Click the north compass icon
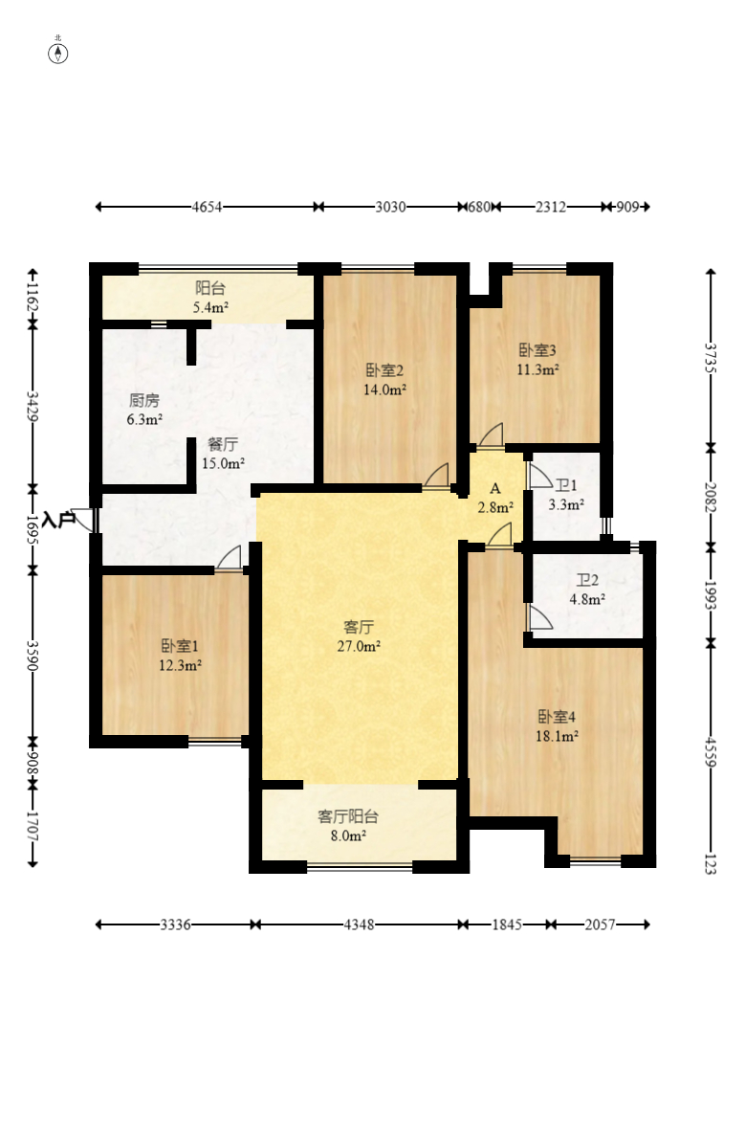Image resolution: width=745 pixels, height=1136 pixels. [58, 53]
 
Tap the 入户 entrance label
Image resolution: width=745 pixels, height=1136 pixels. [58, 520]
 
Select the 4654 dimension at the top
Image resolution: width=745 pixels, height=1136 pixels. [208, 208]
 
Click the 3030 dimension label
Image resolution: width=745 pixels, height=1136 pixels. [390, 208]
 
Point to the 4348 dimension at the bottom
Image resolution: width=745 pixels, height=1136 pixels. [359, 924]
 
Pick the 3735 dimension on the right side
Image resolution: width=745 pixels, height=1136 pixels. [711, 357]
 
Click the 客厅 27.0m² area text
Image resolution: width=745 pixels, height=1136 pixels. [359, 636]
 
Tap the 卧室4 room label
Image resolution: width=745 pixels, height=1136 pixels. [557, 717]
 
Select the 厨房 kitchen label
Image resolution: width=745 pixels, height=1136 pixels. [144, 400]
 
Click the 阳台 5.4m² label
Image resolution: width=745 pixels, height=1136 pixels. [210, 297]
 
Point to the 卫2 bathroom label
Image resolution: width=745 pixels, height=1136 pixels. [587, 580]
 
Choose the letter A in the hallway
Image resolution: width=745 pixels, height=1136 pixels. [495, 488]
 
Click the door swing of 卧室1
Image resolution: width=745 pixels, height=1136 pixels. [229, 559]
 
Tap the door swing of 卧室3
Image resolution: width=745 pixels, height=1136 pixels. [491, 434]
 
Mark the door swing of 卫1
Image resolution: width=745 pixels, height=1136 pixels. [539, 476]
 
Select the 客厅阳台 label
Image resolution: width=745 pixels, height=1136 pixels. [348, 816]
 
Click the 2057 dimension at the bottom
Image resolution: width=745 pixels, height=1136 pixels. [600, 924]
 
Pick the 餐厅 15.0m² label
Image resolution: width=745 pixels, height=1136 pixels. [223, 454]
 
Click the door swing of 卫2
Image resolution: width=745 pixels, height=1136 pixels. [539, 618]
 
